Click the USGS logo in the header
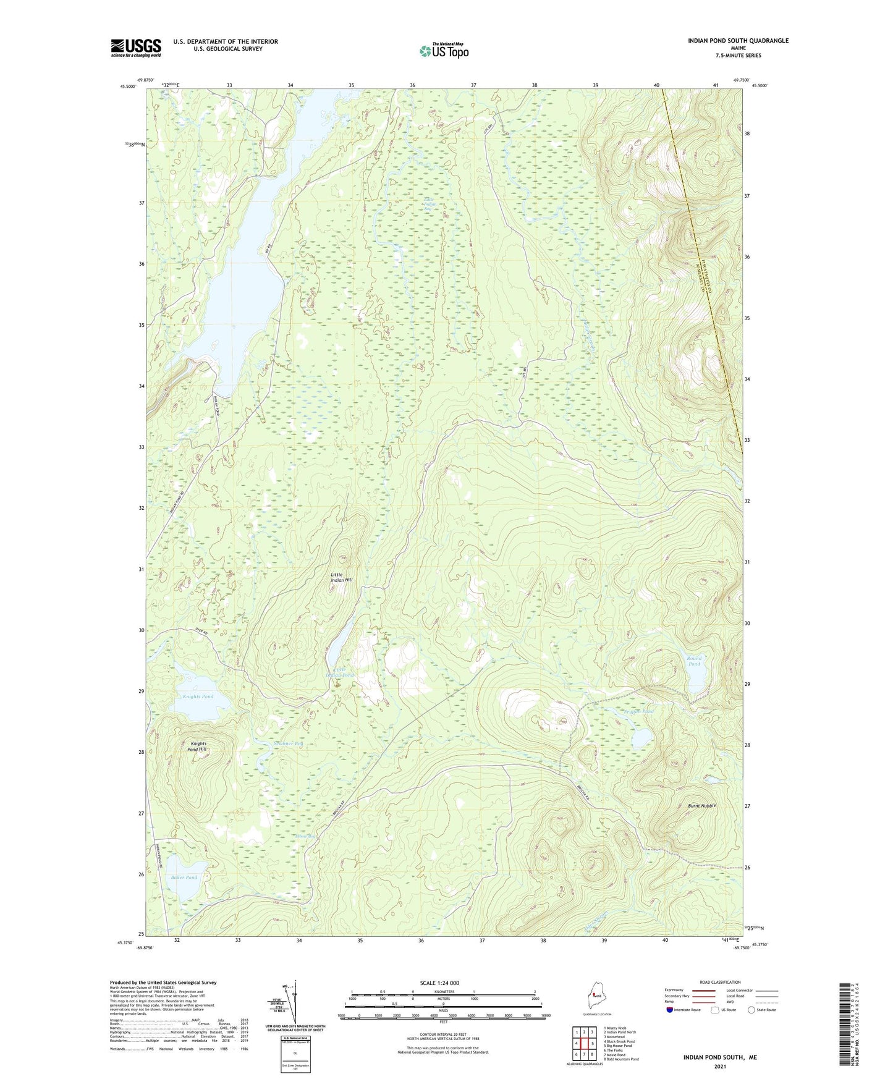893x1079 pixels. click(x=136, y=48)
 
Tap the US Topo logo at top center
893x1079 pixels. click(x=443, y=51)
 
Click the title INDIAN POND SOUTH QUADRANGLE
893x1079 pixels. click(x=738, y=41)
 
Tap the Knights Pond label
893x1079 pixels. click(x=198, y=696)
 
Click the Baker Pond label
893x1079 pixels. click(x=184, y=878)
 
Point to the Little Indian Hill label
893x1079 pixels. click(x=341, y=578)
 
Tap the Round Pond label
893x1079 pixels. click(x=694, y=661)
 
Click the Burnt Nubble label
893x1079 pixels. click(x=702, y=806)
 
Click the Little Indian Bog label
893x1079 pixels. click(x=430, y=204)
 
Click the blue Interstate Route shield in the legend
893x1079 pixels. click(x=670, y=1010)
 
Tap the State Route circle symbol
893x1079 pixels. click(x=751, y=1010)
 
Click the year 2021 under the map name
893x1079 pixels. click(x=719, y=1066)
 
